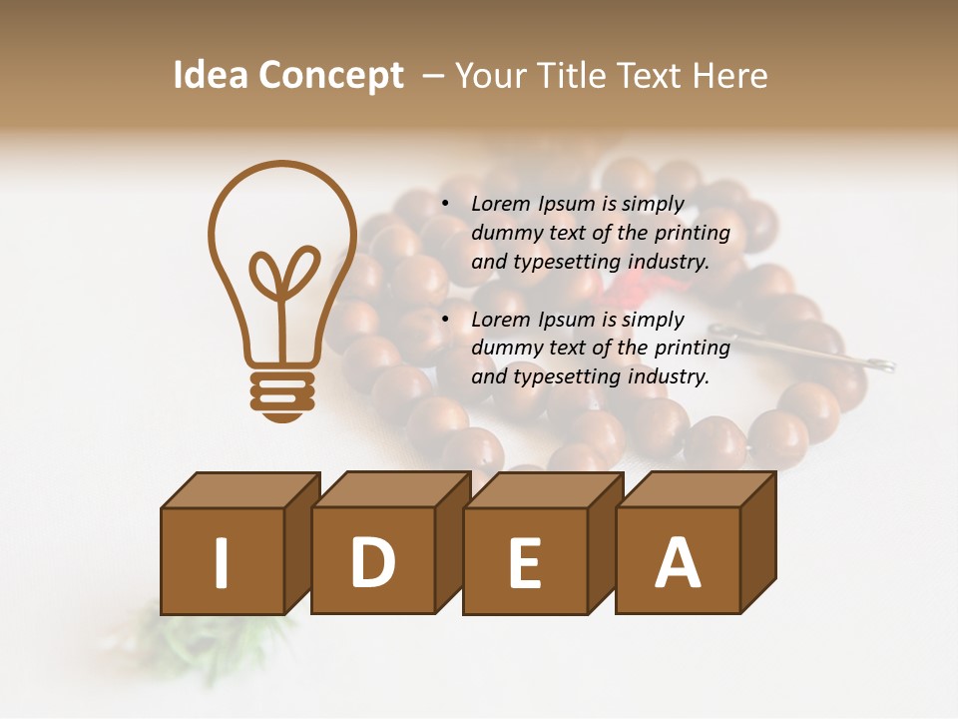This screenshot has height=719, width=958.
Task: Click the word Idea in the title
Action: (x=210, y=76)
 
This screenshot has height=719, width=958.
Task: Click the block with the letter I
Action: (x=222, y=561)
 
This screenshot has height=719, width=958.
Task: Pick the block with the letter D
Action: (x=373, y=561)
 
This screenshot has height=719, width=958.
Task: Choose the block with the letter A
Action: (x=678, y=562)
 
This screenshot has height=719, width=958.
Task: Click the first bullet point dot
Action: (x=445, y=205)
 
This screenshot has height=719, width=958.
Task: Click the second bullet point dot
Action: (x=445, y=321)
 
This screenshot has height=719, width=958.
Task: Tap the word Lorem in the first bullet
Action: (x=502, y=204)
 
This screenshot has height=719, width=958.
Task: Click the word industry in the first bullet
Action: (x=670, y=262)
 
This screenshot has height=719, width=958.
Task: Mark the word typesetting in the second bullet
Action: (x=567, y=377)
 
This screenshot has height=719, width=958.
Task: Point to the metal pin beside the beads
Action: (x=808, y=350)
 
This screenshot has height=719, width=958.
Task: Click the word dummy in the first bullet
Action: (x=507, y=233)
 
